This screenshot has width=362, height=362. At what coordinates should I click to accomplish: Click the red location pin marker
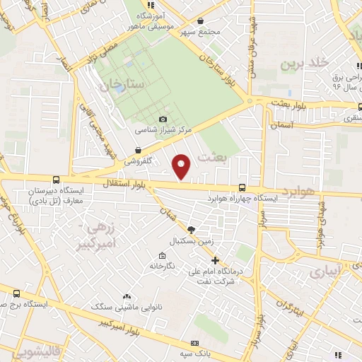pyautogui.click(x=182, y=166)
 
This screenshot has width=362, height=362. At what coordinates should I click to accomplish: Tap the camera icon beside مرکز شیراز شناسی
pyautogui.click(x=164, y=119)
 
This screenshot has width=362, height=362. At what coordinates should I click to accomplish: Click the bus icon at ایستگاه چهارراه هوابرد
pyautogui.click(x=243, y=188)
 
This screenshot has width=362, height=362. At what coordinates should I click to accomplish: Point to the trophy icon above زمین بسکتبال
pyautogui.click(x=190, y=229)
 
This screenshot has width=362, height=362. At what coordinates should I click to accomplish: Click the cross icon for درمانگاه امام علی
pyautogui.click(x=214, y=259)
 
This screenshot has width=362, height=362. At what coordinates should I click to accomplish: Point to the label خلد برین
pyautogui.click(x=305, y=64)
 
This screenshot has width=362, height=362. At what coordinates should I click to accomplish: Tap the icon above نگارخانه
pyautogui.click(x=163, y=255)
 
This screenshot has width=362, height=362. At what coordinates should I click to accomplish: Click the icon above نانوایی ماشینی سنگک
pyautogui.click(x=127, y=297)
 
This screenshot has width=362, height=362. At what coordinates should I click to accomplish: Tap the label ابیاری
pyautogui.click(x=327, y=270)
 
